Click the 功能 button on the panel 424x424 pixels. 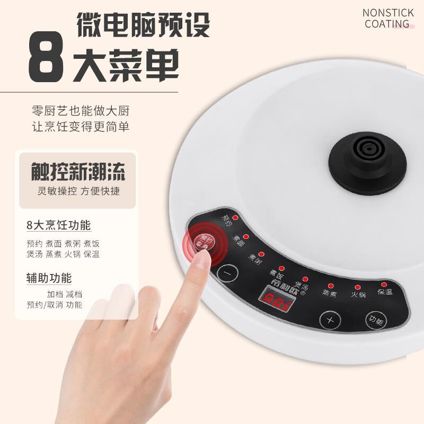pyautogui.click(x=376, y=320)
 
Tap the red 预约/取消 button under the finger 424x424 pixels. pyautogui.click(x=204, y=242)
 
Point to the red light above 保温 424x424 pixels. pyautogui.click(x=384, y=285)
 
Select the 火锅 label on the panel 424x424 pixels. pyautogui.click(x=358, y=293)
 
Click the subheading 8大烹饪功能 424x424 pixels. pyautogui.click(x=58, y=225)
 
